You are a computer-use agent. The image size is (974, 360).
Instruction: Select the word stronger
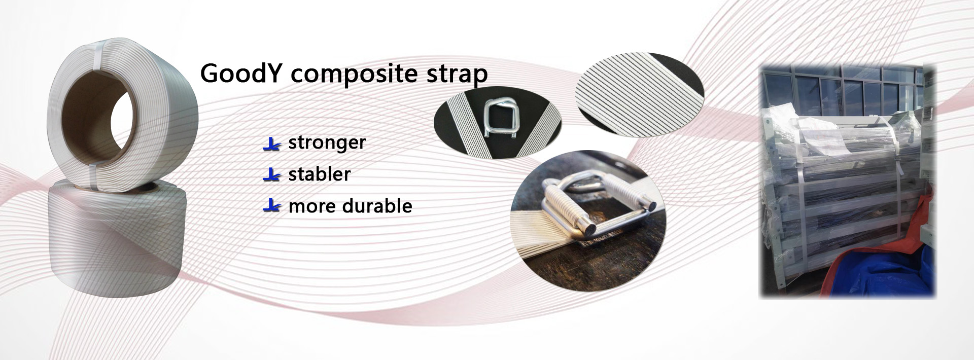[327, 142]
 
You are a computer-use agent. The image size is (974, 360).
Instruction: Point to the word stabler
[319, 174]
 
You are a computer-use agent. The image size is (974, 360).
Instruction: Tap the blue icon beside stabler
[272, 175]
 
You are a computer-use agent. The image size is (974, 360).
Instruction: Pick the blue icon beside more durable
[272, 207]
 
